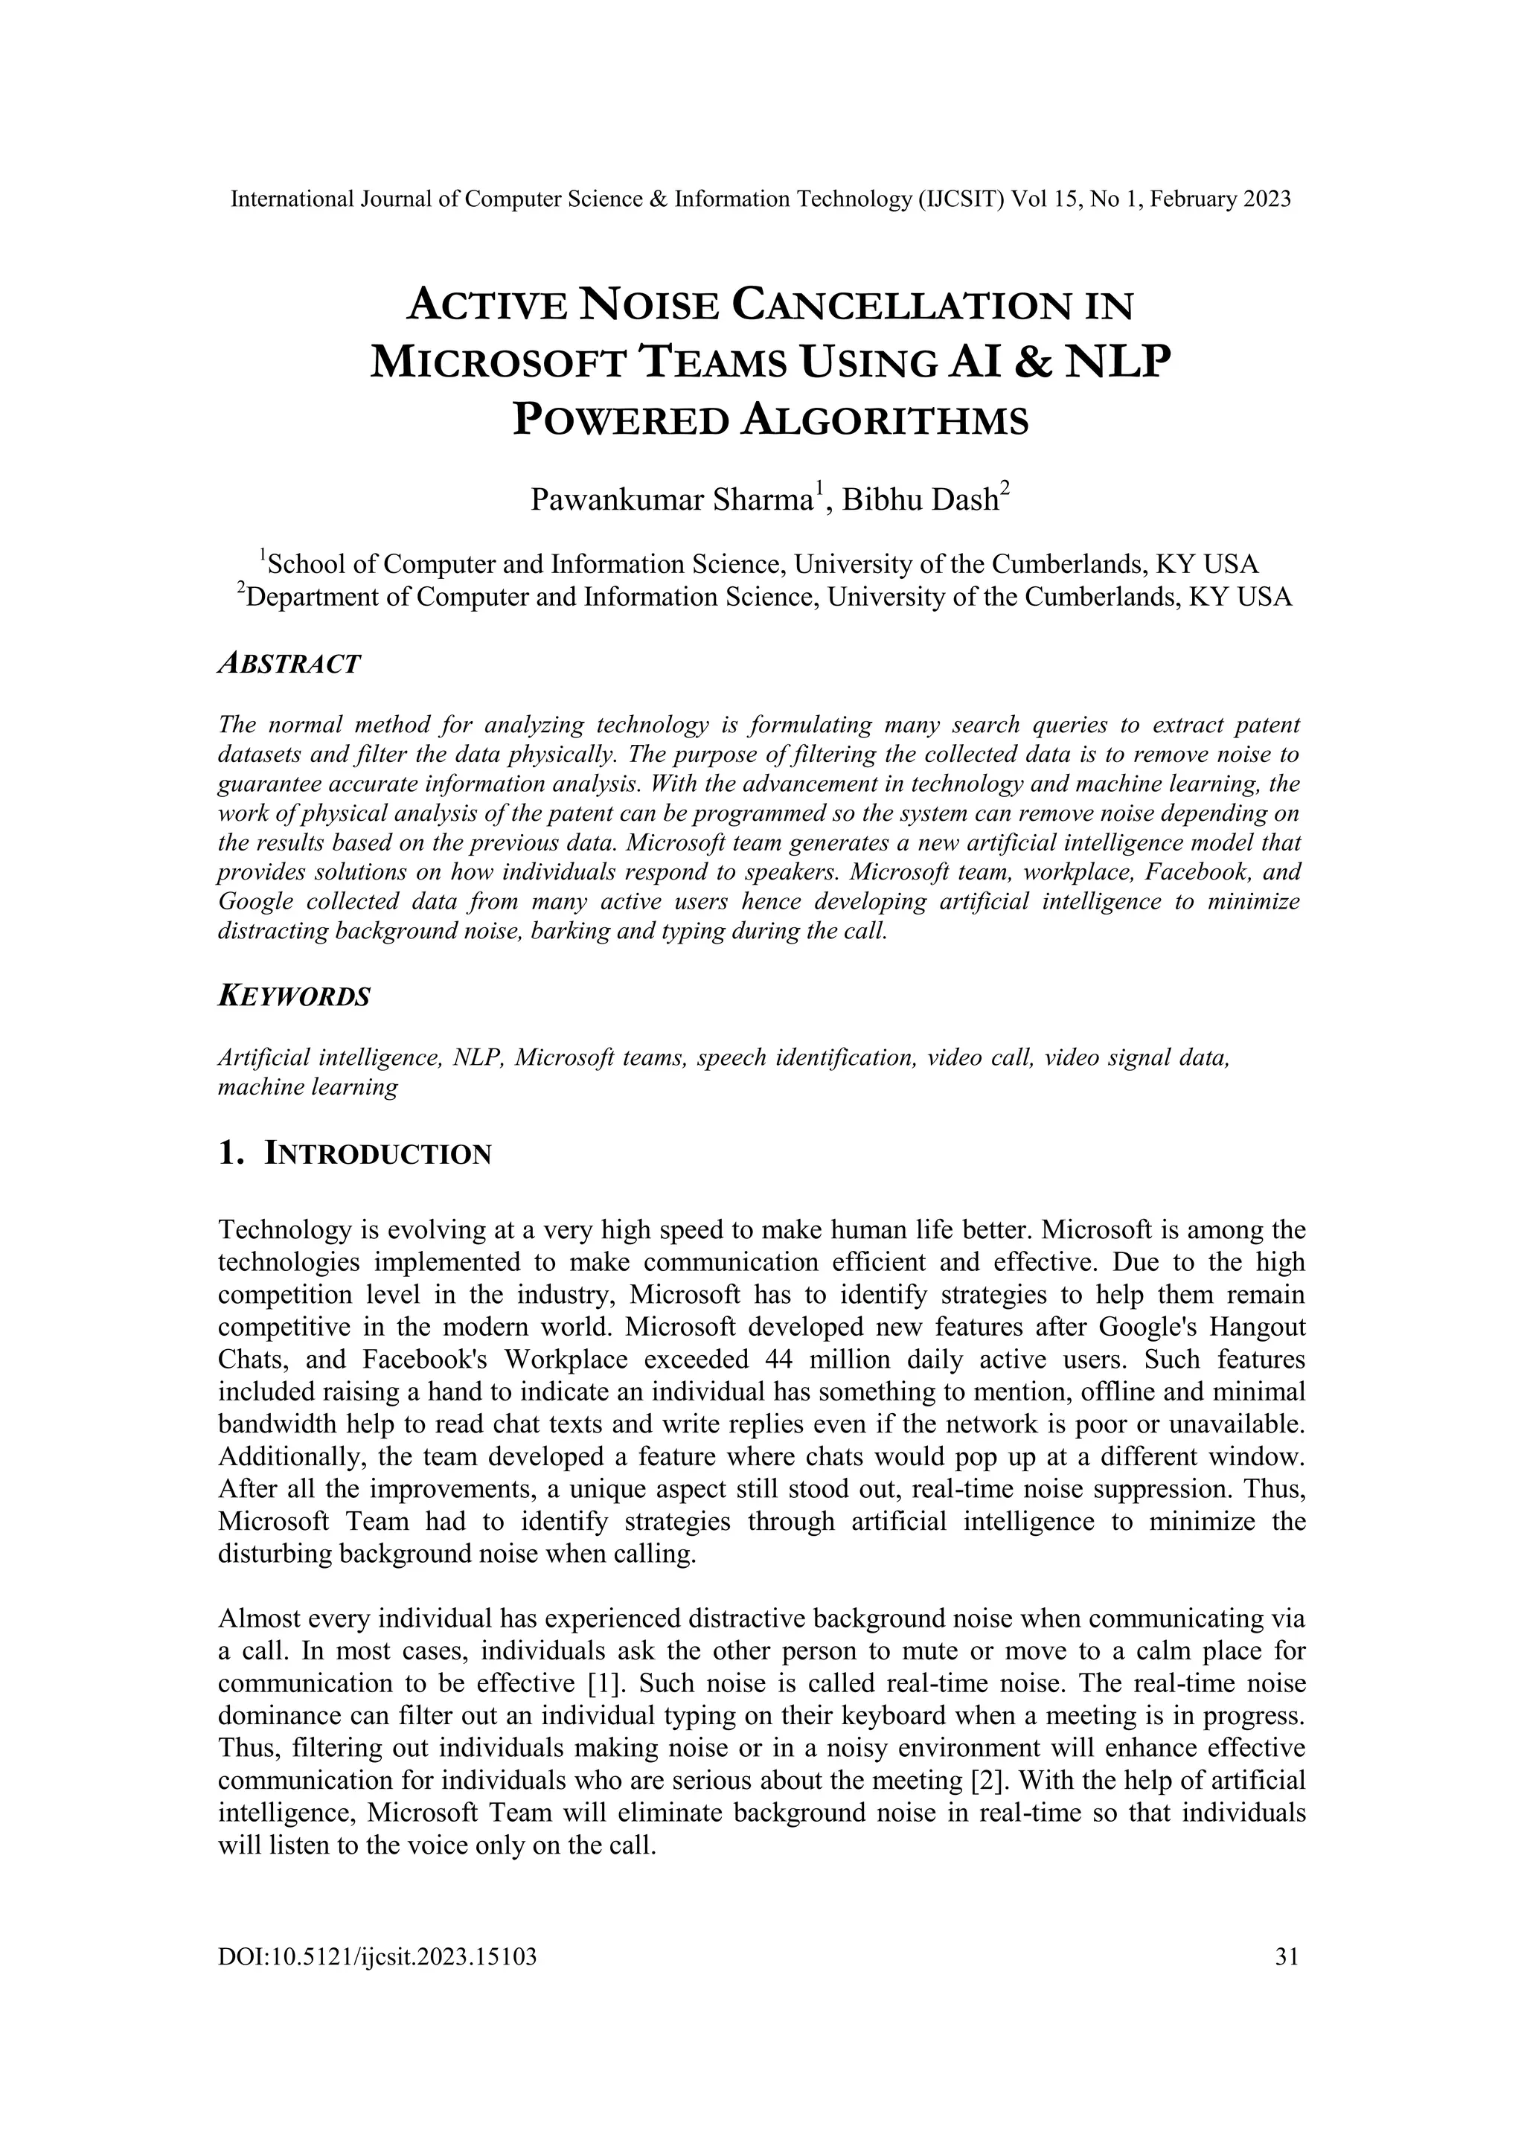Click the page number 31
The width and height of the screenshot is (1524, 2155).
pos(1287,1956)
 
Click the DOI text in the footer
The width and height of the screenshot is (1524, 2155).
pos(377,1956)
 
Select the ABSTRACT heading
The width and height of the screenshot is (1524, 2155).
pos(289,665)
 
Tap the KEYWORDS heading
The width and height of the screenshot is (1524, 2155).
pos(294,997)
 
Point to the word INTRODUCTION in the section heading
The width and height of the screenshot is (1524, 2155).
pos(378,1154)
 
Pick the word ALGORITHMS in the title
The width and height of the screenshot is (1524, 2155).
pos(885,421)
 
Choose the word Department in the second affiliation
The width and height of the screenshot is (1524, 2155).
pos(327,597)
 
